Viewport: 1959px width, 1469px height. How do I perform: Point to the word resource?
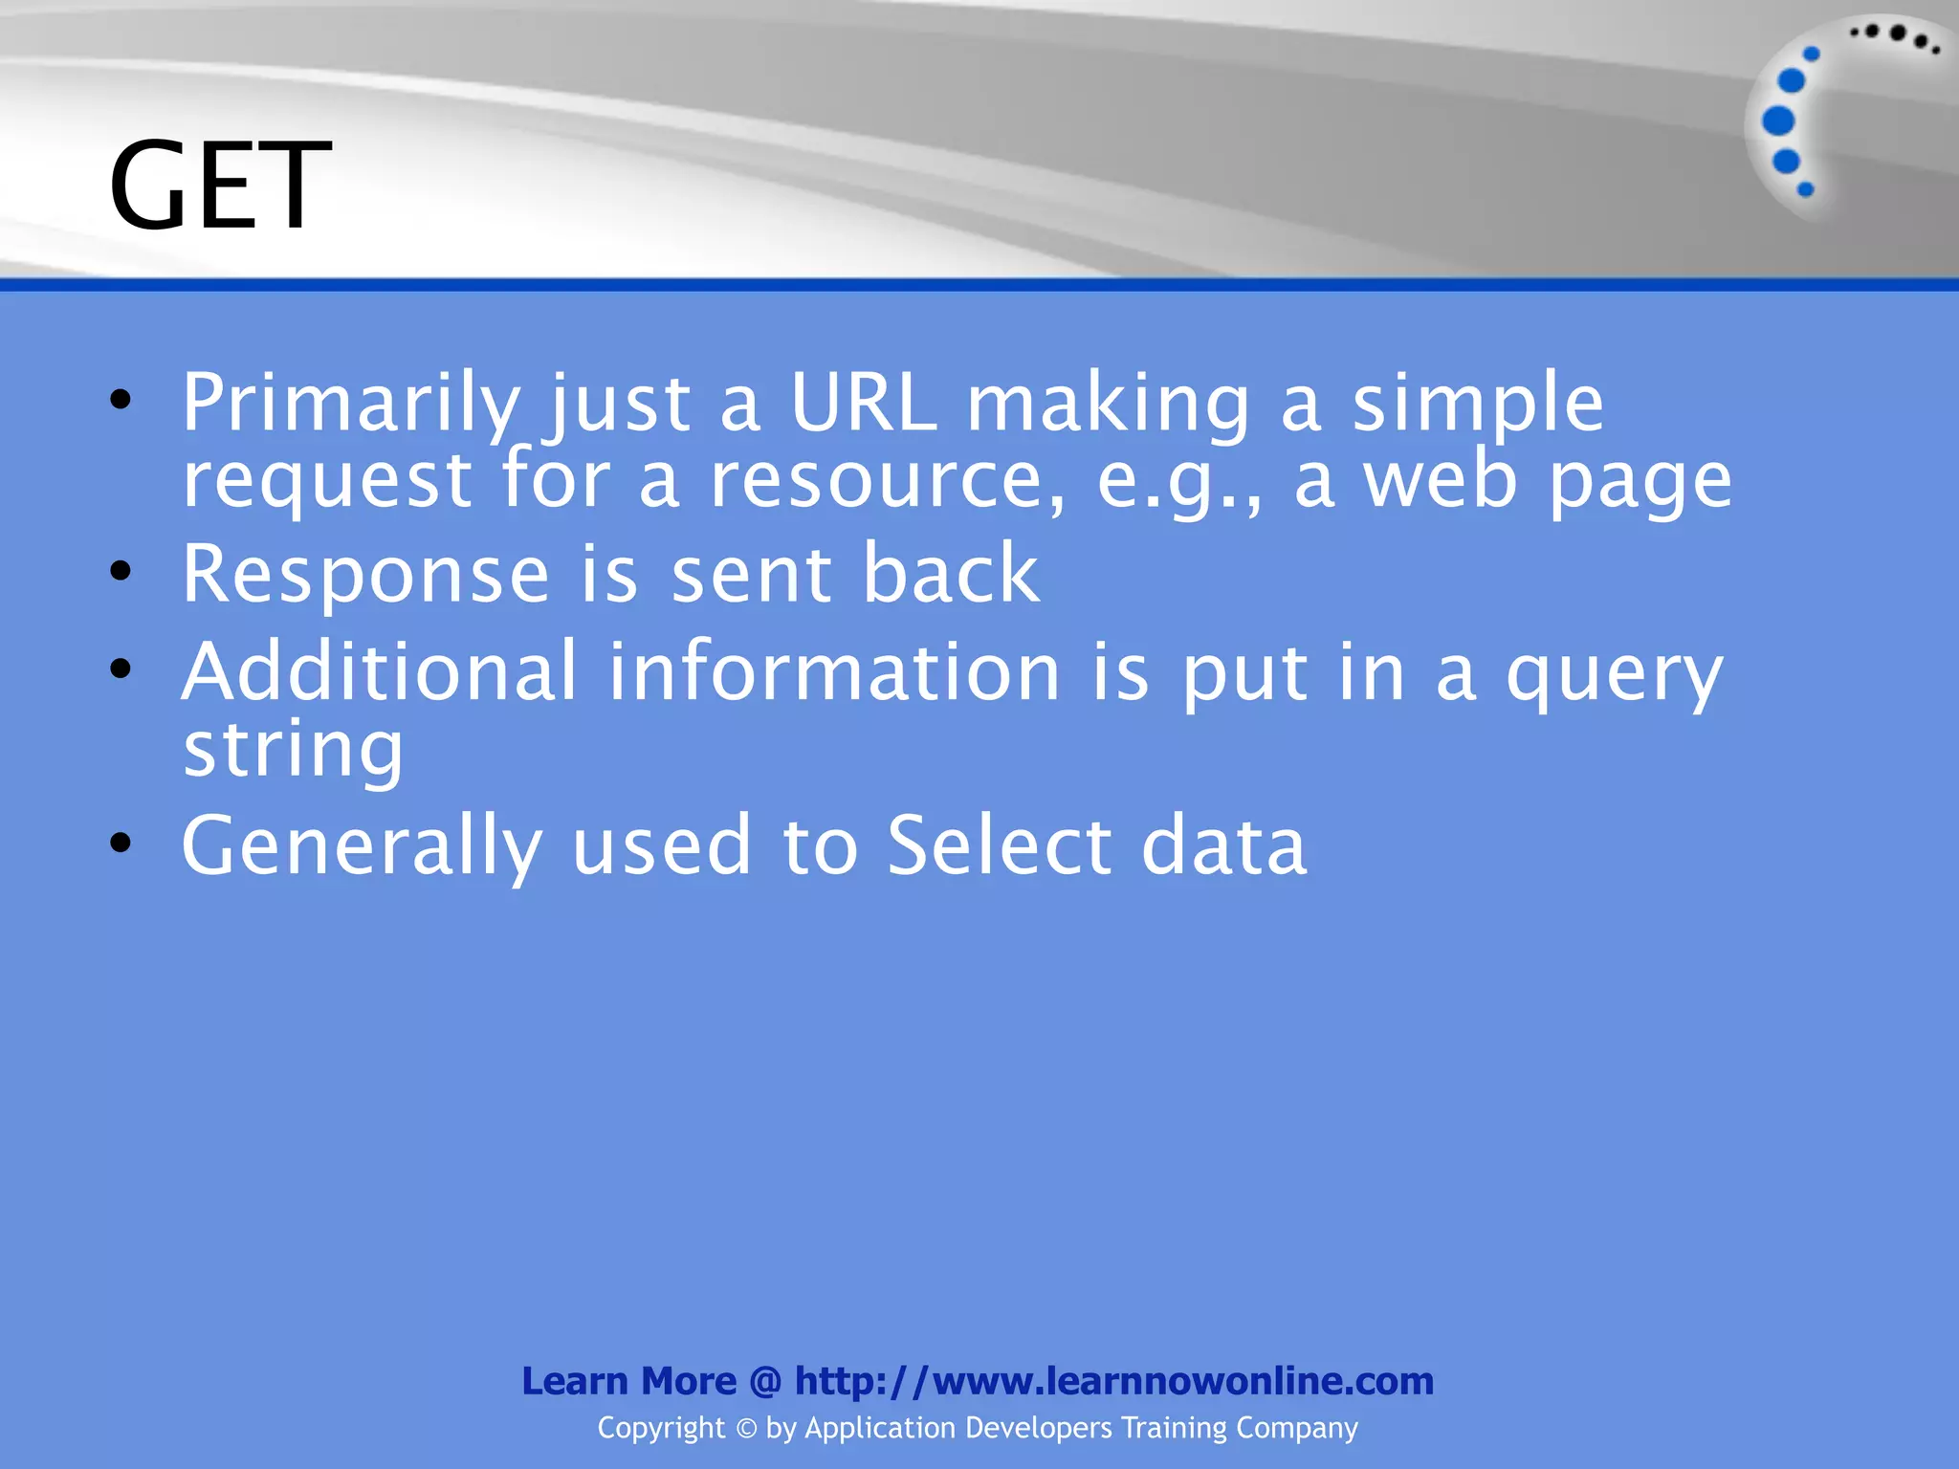point(886,480)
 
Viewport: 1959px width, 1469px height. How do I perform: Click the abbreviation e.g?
point(1176,480)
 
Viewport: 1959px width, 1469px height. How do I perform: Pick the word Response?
point(365,574)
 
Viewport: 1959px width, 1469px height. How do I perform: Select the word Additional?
point(380,671)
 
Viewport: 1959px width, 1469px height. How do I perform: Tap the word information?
point(834,671)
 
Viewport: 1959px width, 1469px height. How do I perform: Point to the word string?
point(293,752)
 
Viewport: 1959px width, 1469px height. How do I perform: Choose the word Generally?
point(362,846)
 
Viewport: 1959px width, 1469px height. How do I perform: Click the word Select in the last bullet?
point(1000,845)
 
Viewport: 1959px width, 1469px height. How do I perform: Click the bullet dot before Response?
point(121,572)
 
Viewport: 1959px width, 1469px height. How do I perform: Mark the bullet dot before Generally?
point(121,843)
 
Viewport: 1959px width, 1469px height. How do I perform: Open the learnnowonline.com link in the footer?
point(1113,1381)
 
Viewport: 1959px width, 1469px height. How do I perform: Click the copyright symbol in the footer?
point(746,1429)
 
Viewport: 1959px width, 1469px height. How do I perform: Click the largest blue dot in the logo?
point(1778,121)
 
